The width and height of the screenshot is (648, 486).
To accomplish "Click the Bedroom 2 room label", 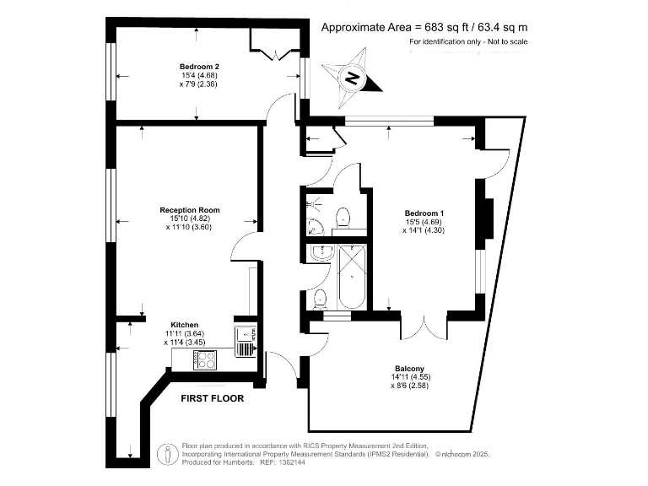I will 199,67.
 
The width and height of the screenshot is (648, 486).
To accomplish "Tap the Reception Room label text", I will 190,210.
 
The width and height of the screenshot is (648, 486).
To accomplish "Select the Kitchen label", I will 184,325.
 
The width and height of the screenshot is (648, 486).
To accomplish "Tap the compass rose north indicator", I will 352,78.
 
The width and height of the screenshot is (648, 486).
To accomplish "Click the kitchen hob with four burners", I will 205,360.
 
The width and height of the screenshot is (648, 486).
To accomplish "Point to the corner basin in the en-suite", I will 315,226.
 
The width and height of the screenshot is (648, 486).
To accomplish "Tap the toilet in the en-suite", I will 343,217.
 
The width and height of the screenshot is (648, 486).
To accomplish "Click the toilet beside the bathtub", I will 321,298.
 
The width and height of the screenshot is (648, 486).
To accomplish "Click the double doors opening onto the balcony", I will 424,327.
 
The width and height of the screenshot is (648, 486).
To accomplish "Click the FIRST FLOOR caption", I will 212,398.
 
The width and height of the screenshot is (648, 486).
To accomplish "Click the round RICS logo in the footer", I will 168,454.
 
